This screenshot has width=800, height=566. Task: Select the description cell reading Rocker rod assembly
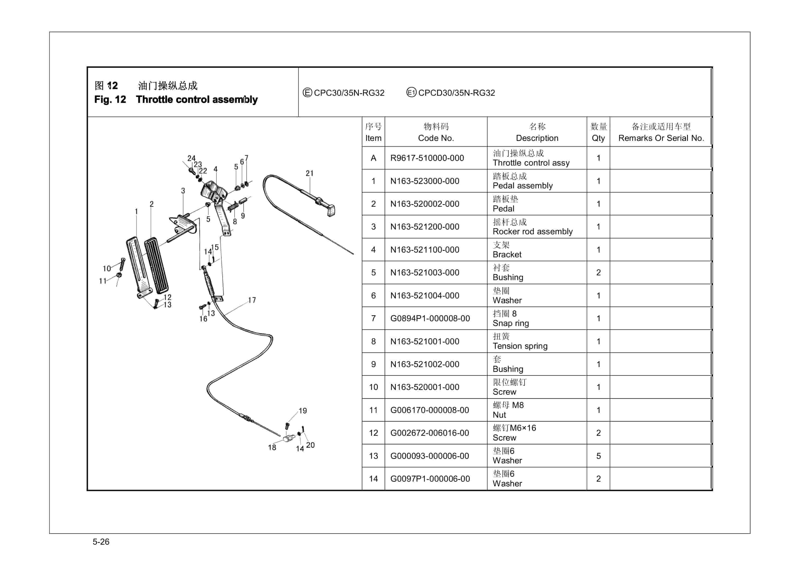pos(532,227)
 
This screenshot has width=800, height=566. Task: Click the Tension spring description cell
pos(520,341)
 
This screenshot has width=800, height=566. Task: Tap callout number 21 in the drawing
pos(310,173)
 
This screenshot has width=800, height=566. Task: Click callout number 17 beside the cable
pos(252,300)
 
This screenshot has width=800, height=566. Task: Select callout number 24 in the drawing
pos(191,158)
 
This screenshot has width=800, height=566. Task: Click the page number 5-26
pos(101,542)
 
